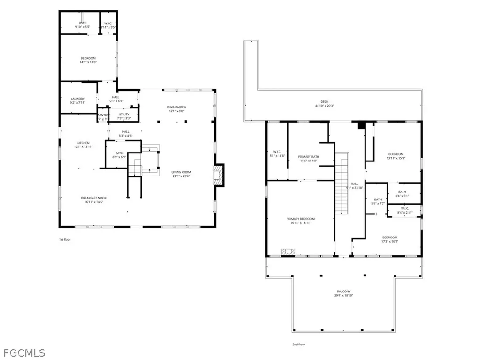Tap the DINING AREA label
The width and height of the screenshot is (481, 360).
[177, 107]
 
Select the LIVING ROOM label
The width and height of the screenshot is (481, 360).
[181, 172]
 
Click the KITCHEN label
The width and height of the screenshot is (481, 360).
[83, 143]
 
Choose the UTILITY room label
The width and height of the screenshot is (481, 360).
[124, 114]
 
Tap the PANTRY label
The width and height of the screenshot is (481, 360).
[103, 115]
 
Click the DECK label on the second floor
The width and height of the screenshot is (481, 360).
[325, 102]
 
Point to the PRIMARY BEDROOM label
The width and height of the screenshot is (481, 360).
[301, 219]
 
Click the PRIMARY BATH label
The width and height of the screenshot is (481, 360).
[309, 157]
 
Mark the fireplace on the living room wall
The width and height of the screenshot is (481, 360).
[218, 175]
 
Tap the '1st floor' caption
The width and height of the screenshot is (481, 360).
[65, 239]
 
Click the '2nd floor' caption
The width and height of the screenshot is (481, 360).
[298, 345]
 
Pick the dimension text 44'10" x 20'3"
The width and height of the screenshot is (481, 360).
[325, 106]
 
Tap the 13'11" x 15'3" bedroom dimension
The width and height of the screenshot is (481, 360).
[396, 158]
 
